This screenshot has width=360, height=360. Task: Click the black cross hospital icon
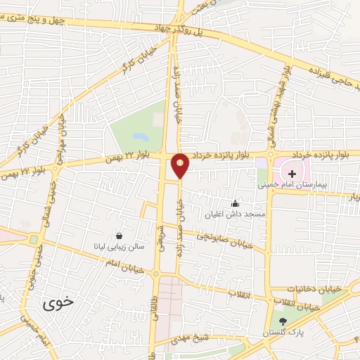coord(292,173)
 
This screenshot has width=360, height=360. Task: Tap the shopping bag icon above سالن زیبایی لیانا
coord(119,236)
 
